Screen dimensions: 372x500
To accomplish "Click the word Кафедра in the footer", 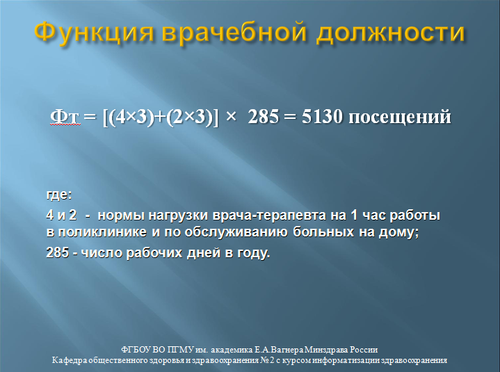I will tap(72, 361).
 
